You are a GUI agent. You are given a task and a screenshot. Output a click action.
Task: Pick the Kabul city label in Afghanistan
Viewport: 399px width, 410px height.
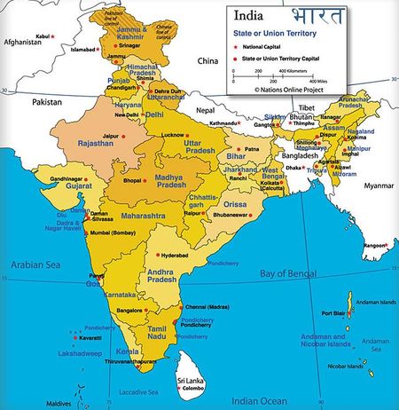42,35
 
